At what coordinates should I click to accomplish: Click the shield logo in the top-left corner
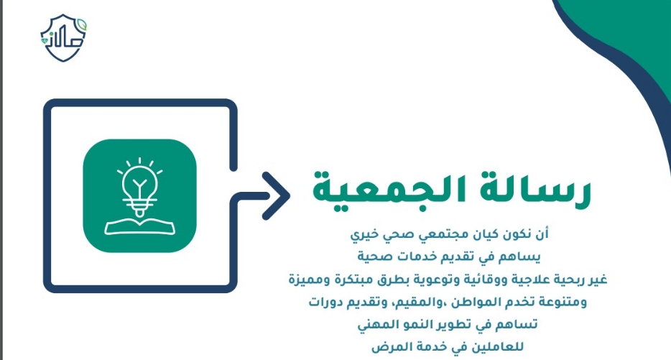coord(63,37)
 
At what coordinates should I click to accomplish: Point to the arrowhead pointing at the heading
coord(277,195)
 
